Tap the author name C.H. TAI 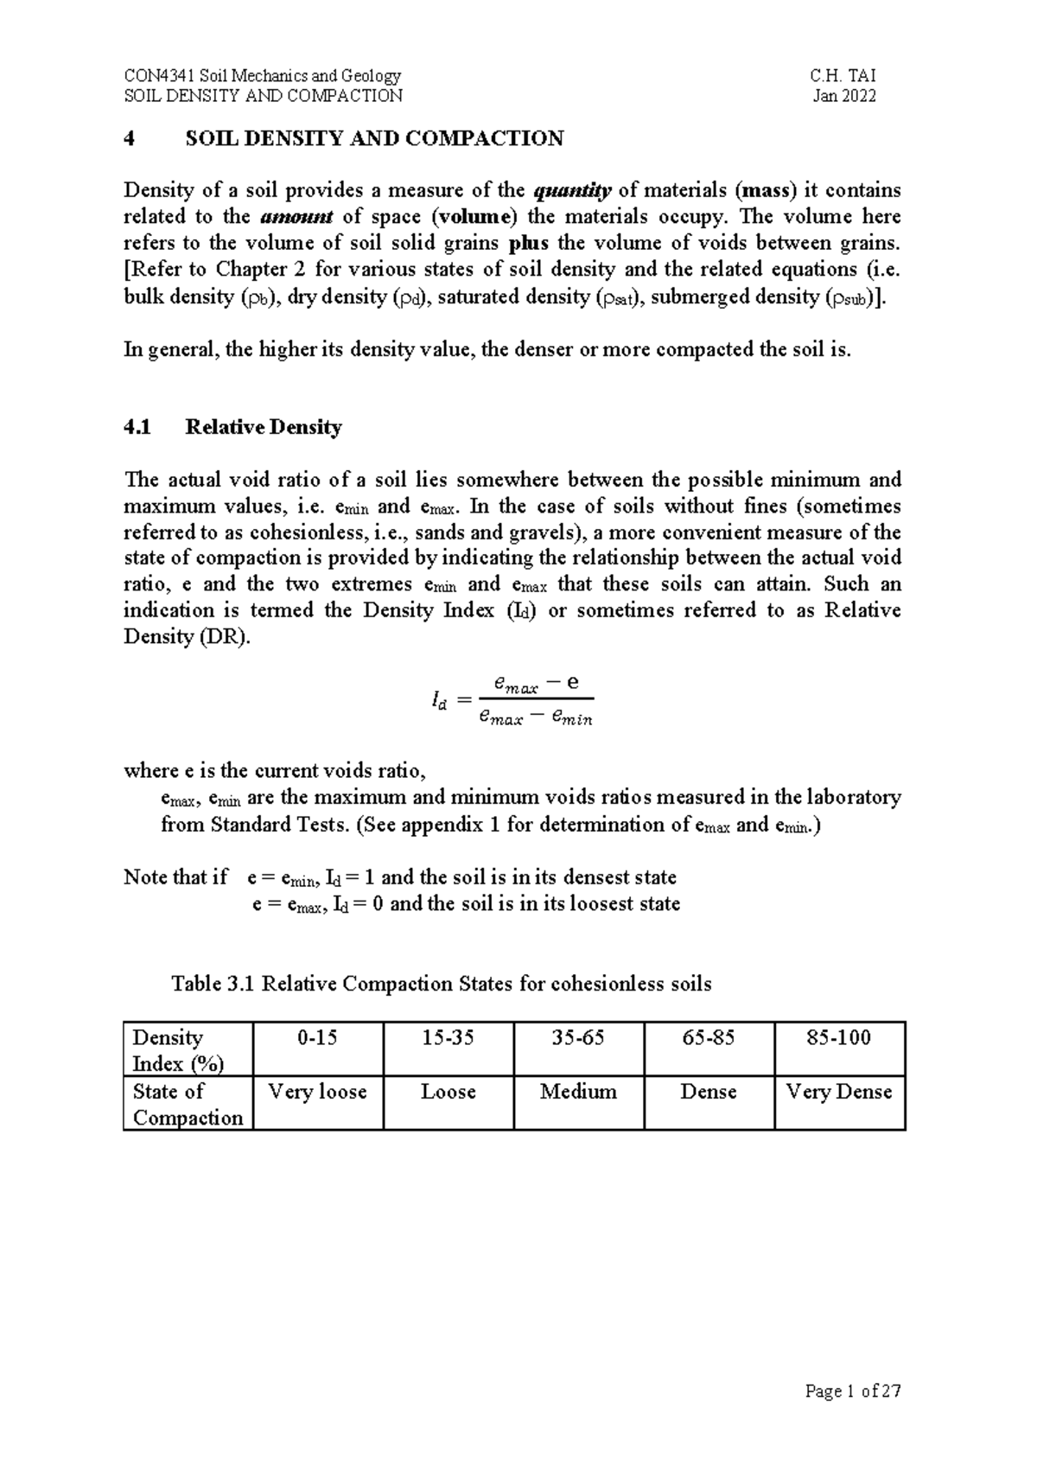(843, 76)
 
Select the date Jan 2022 (844, 96)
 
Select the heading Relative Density (264, 427)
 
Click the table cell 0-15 (317, 1038)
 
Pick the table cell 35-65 (578, 1038)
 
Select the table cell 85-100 (838, 1038)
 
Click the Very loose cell (317, 1092)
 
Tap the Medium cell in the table (578, 1092)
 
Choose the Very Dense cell (838, 1092)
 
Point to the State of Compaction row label (187, 1105)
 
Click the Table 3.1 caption (441, 984)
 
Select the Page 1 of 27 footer (852, 1392)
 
